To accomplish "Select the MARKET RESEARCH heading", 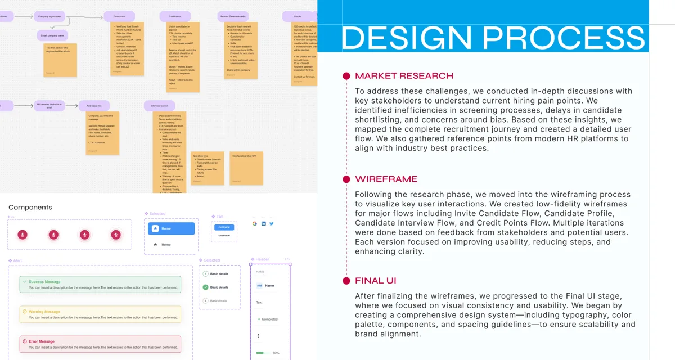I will click(x=404, y=76).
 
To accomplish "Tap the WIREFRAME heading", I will click(x=386, y=179).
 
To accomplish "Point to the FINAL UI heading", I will click(x=376, y=281).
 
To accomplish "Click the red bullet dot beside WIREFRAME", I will click(x=346, y=179).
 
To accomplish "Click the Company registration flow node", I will click(x=49, y=17).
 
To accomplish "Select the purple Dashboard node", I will click(x=119, y=17).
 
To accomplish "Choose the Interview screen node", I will click(x=160, y=105).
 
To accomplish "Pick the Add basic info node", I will click(x=94, y=105).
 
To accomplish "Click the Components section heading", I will click(x=30, y=208).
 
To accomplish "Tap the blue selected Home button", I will click(x=171, y=228).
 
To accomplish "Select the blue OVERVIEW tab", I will click(x=224, y=227).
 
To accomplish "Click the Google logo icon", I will click(x=255, y=223).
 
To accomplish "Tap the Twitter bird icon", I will click(x=271, y=223).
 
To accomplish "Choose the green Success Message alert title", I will click(x=44, y=282).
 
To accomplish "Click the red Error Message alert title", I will click(x=42, y=341).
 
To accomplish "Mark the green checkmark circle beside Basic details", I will click(x=205, y=287).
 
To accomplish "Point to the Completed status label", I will click(x=269, y=319).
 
